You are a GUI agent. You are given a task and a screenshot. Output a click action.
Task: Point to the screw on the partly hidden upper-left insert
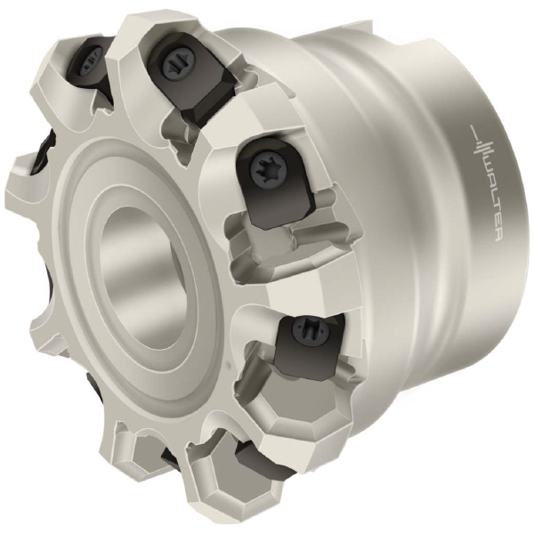tap(92, 62)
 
